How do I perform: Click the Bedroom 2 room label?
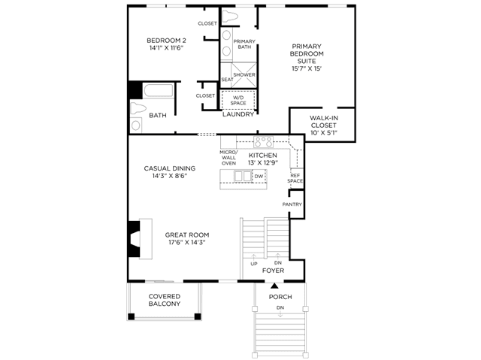[x=166, y=41]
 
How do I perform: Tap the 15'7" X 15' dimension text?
[x=307, y=68]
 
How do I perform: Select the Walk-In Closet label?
[x=324, y=122]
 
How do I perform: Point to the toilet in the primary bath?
[x=230, y=17]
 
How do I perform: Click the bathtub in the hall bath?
[x=158, y=91]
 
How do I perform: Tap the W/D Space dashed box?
[x=238, y=100]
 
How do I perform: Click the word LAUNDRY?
[x=238, y=114]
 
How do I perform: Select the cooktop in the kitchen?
[x=263, y=141]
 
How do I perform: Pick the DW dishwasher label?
[x=259, y=177]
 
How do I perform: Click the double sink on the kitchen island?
[x=243, y=176]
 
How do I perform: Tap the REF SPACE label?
[x=295, y=178]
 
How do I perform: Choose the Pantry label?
[x=292, y=204]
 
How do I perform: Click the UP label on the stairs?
[x=254, y=264]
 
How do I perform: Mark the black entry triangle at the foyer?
[x=274, y=286]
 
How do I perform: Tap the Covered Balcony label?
[x=165, y=300]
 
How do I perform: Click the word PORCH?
[x=280, y=297]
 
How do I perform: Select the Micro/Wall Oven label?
[x=228, y=158]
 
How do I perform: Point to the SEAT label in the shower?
[x=227, y=80]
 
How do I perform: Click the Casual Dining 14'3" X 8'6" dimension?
[x=170, y=176]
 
